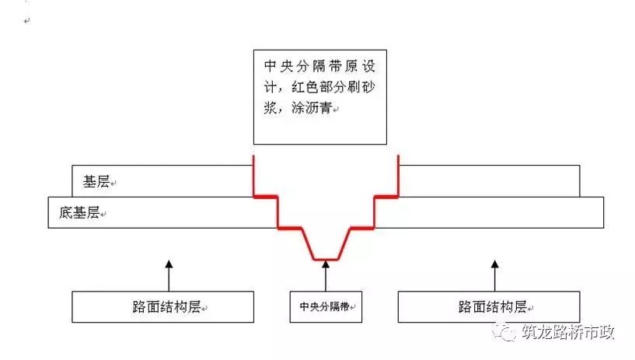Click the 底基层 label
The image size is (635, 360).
click(79, 211)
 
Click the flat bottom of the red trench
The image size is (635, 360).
click(326, 259)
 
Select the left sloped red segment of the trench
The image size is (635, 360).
click(308, 244)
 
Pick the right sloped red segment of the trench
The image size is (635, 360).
click(344, 244)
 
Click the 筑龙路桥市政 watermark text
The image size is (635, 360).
click(568, 332)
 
